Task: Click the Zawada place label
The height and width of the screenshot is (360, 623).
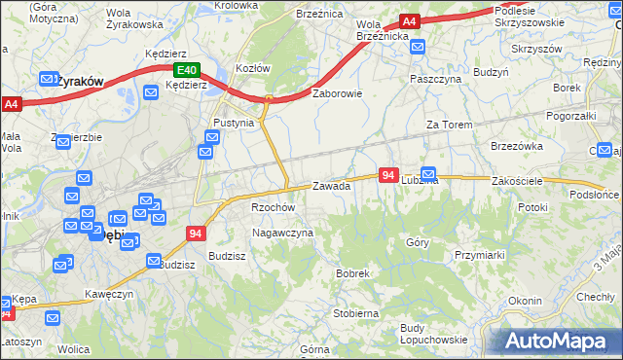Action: (x=331, y=186)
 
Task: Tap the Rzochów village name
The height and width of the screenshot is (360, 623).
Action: (x=273, y=207)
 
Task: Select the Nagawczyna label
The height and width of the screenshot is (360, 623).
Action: (x=282, y=234)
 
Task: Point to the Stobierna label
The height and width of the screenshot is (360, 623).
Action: (x=355, y=314)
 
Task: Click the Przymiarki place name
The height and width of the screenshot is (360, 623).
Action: (x=478, y=254)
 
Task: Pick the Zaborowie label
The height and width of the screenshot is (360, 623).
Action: (x=337, y=94)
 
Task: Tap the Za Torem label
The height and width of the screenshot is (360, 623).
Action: (x=449, y=126)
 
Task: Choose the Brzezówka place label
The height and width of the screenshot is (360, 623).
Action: (x=517, y=146)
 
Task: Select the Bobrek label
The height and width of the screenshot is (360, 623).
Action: (x=352, y=274)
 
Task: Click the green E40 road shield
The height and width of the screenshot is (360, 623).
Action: (x=187, y=70)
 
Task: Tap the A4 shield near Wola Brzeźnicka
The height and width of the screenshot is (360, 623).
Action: (x=409, y=21)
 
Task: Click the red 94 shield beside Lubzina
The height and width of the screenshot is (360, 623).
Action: (x=388, y=174)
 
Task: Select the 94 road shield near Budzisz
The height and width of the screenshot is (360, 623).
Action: (x=196, y=234)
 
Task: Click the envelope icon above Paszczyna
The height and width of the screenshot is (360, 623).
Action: (x=419, y=47)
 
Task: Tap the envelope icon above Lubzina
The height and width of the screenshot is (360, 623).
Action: (x=428, y=172)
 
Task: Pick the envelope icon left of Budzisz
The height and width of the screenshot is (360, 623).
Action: (x=154, y=261)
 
